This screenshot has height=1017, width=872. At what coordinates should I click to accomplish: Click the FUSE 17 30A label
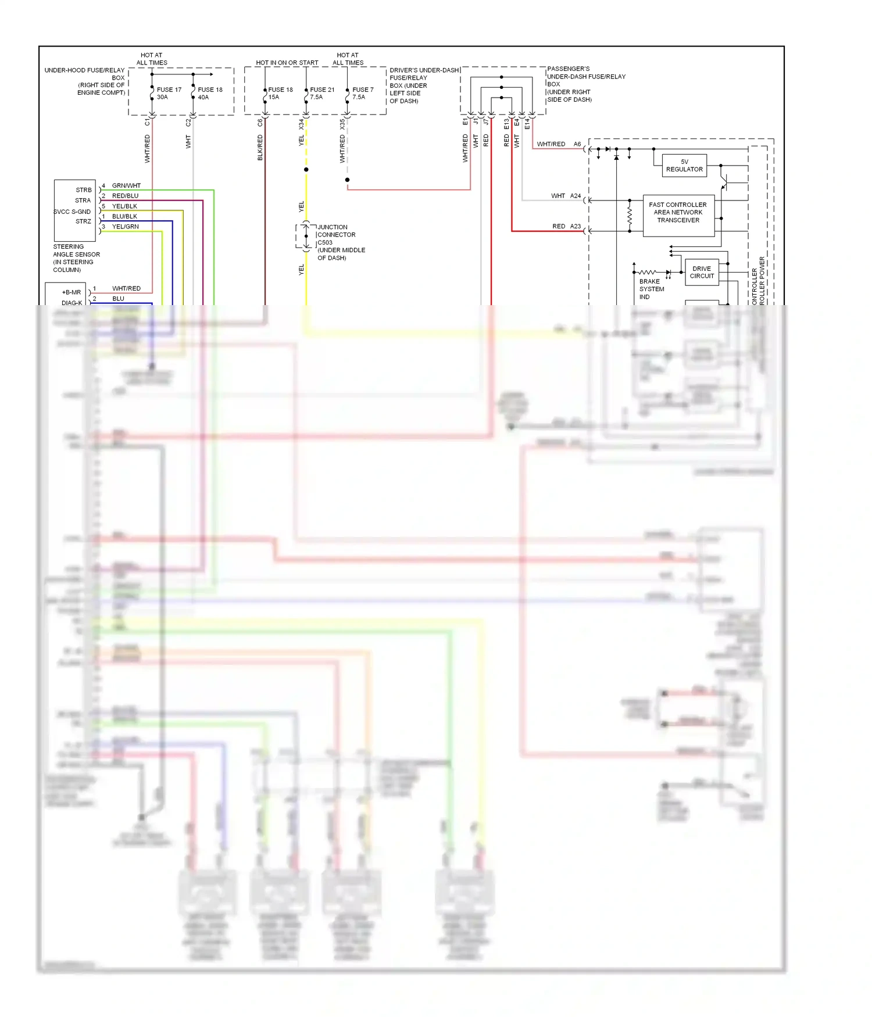point(169,93)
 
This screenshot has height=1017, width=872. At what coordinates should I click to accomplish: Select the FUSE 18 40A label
point(210,93)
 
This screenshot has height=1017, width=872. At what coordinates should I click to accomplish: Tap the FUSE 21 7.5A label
point(322,93)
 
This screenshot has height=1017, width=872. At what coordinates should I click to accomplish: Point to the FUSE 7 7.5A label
point(362,93)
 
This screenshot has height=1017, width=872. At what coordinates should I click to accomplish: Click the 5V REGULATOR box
point(684,166)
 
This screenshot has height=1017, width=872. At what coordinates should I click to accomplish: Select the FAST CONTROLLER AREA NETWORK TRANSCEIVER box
point(678,213)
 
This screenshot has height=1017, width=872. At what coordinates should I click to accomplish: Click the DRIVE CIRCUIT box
point(702,272)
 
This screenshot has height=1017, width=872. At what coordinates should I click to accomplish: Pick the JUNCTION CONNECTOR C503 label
point(341,242)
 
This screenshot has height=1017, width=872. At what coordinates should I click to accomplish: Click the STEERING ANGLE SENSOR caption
point(76,258)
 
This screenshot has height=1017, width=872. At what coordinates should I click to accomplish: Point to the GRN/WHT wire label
point(126,186)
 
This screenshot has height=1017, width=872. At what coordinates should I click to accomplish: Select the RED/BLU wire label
point(125,196)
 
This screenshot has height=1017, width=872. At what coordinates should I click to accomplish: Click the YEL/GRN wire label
point(125,227)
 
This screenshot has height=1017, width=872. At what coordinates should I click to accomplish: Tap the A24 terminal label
point(575,196)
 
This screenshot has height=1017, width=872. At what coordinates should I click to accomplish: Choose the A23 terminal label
point(575,226)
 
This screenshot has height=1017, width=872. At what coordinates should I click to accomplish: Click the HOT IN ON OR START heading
point(287,63)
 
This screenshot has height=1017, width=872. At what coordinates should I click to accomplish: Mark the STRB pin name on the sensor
point(84,190)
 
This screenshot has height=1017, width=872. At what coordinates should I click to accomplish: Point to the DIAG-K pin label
point(72,303)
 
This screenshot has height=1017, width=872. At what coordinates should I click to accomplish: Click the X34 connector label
point(301,124)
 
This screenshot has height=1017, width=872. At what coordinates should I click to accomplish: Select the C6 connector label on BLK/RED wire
point(260,123)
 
